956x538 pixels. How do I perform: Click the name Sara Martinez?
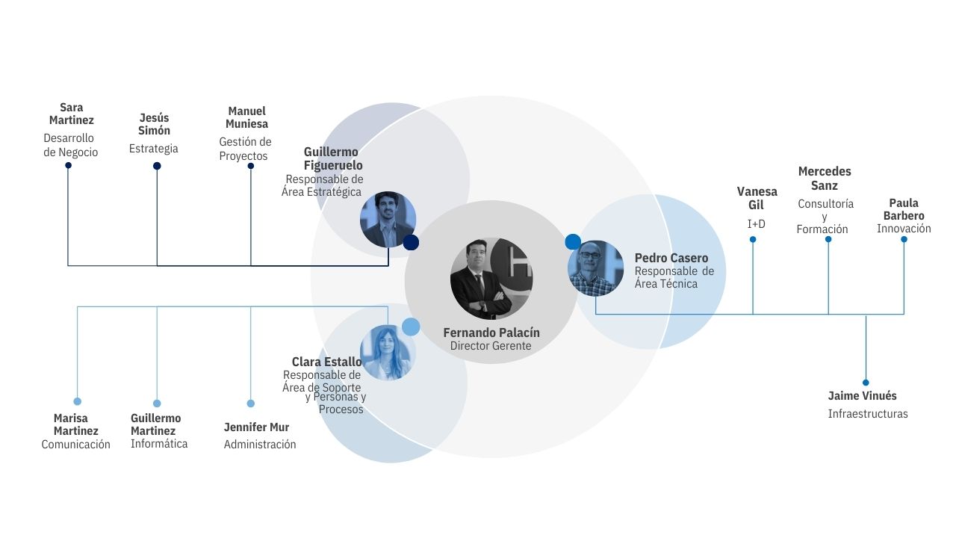(71, 114)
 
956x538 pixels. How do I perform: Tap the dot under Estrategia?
(157, 166)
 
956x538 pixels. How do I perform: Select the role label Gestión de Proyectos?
(245, 149)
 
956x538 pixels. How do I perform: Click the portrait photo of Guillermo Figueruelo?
(388, 220)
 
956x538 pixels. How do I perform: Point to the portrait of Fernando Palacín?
(491, 279)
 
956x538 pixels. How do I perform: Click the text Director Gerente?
(491, 345)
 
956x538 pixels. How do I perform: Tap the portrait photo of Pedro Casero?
(595, 268)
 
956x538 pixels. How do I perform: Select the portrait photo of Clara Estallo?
(388, 353)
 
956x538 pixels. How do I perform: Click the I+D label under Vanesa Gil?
(757, 223)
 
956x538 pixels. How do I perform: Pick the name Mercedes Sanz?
(825, 178)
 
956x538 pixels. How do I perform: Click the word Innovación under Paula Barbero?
(904, 229)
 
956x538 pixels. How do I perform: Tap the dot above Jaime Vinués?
(866, 383)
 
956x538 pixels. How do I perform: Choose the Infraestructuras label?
(868, 414)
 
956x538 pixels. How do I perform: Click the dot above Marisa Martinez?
(77, 401)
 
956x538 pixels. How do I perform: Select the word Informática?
(159, 444)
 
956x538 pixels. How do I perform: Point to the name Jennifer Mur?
(256, 427)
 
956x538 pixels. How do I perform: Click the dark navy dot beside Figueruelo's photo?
(411, 243)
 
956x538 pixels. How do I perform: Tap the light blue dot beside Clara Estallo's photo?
(411, 327)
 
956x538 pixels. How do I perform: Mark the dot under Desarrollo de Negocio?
(68, 165)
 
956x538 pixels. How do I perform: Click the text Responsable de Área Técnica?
(674, 277)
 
